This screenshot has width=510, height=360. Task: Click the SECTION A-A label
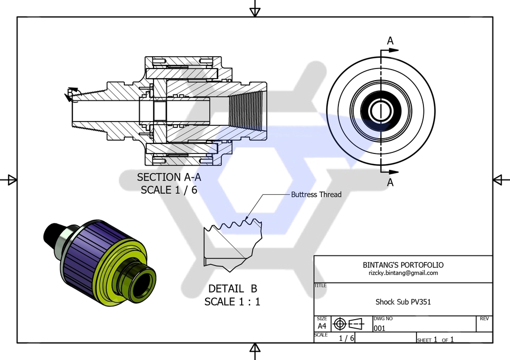pyautogui.click(x=169, y=177)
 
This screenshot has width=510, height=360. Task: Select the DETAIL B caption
pyautogui.click(x=232, y=289)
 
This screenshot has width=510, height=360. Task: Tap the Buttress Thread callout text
pyautogui.click(x=316, y=195)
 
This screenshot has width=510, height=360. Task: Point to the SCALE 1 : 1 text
pyautogui.click(x=232, y=302)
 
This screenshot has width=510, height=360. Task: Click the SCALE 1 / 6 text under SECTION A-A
pyautogui.click(x=169, y=190)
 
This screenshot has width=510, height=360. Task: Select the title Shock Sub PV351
pyautogui.click(x=403, y=302)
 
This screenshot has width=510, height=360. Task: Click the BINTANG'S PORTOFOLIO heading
pyautogui.click(x=403, y=264)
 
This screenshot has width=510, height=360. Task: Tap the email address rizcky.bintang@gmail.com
pyautogui.click(x=403, y=273)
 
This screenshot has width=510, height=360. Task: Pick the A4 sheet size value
pyautogui.click(x=322, y=326)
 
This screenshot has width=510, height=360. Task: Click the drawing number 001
pyautogui.click(x=379, y=329)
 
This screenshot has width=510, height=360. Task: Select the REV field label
pyautogui.click(x=484, y=319)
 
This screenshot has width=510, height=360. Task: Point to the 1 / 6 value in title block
pyautogui.click(x=346, y=338)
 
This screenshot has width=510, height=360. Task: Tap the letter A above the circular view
pyautogui.click(x=390, y=41)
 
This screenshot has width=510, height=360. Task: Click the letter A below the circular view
pyautogui.click(x=390, y=183)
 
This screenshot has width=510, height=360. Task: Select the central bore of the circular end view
pyautogui.click(x=380, y=112)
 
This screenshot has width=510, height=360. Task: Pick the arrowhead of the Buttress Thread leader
pyautogui.click(x=248, y=218)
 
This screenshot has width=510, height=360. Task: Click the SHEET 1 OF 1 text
pyautogui.click(x=435, y=339)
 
